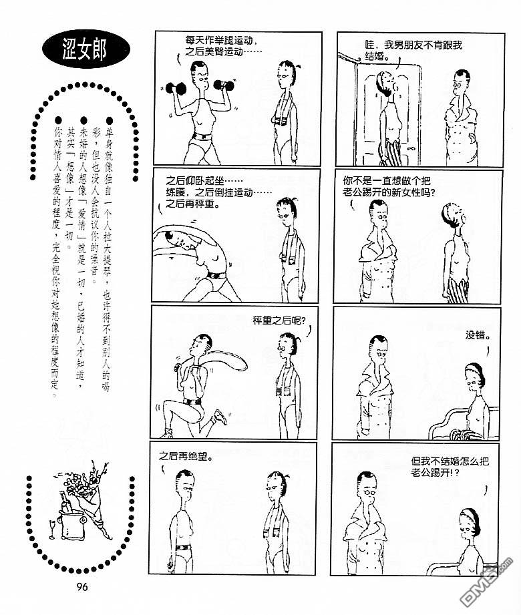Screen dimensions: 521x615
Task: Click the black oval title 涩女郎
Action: (86, 49)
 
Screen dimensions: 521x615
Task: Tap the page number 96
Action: (82, 587)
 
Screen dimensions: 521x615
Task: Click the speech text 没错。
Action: (478, 335)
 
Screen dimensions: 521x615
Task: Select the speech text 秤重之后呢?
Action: (279, 321)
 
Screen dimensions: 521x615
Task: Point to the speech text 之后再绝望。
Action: (186, 457)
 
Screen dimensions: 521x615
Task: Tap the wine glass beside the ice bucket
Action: (52, 530)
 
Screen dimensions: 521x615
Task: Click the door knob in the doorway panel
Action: (411, 149)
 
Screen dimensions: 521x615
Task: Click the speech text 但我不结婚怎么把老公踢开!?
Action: (450, 467)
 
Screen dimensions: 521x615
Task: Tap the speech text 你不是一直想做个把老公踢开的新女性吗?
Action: (389, 186)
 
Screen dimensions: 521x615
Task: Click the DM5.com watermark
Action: (486, 584)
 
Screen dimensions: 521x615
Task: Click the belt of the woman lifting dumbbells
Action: (202, 137)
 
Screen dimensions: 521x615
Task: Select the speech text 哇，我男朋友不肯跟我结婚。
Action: (413, 51)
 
